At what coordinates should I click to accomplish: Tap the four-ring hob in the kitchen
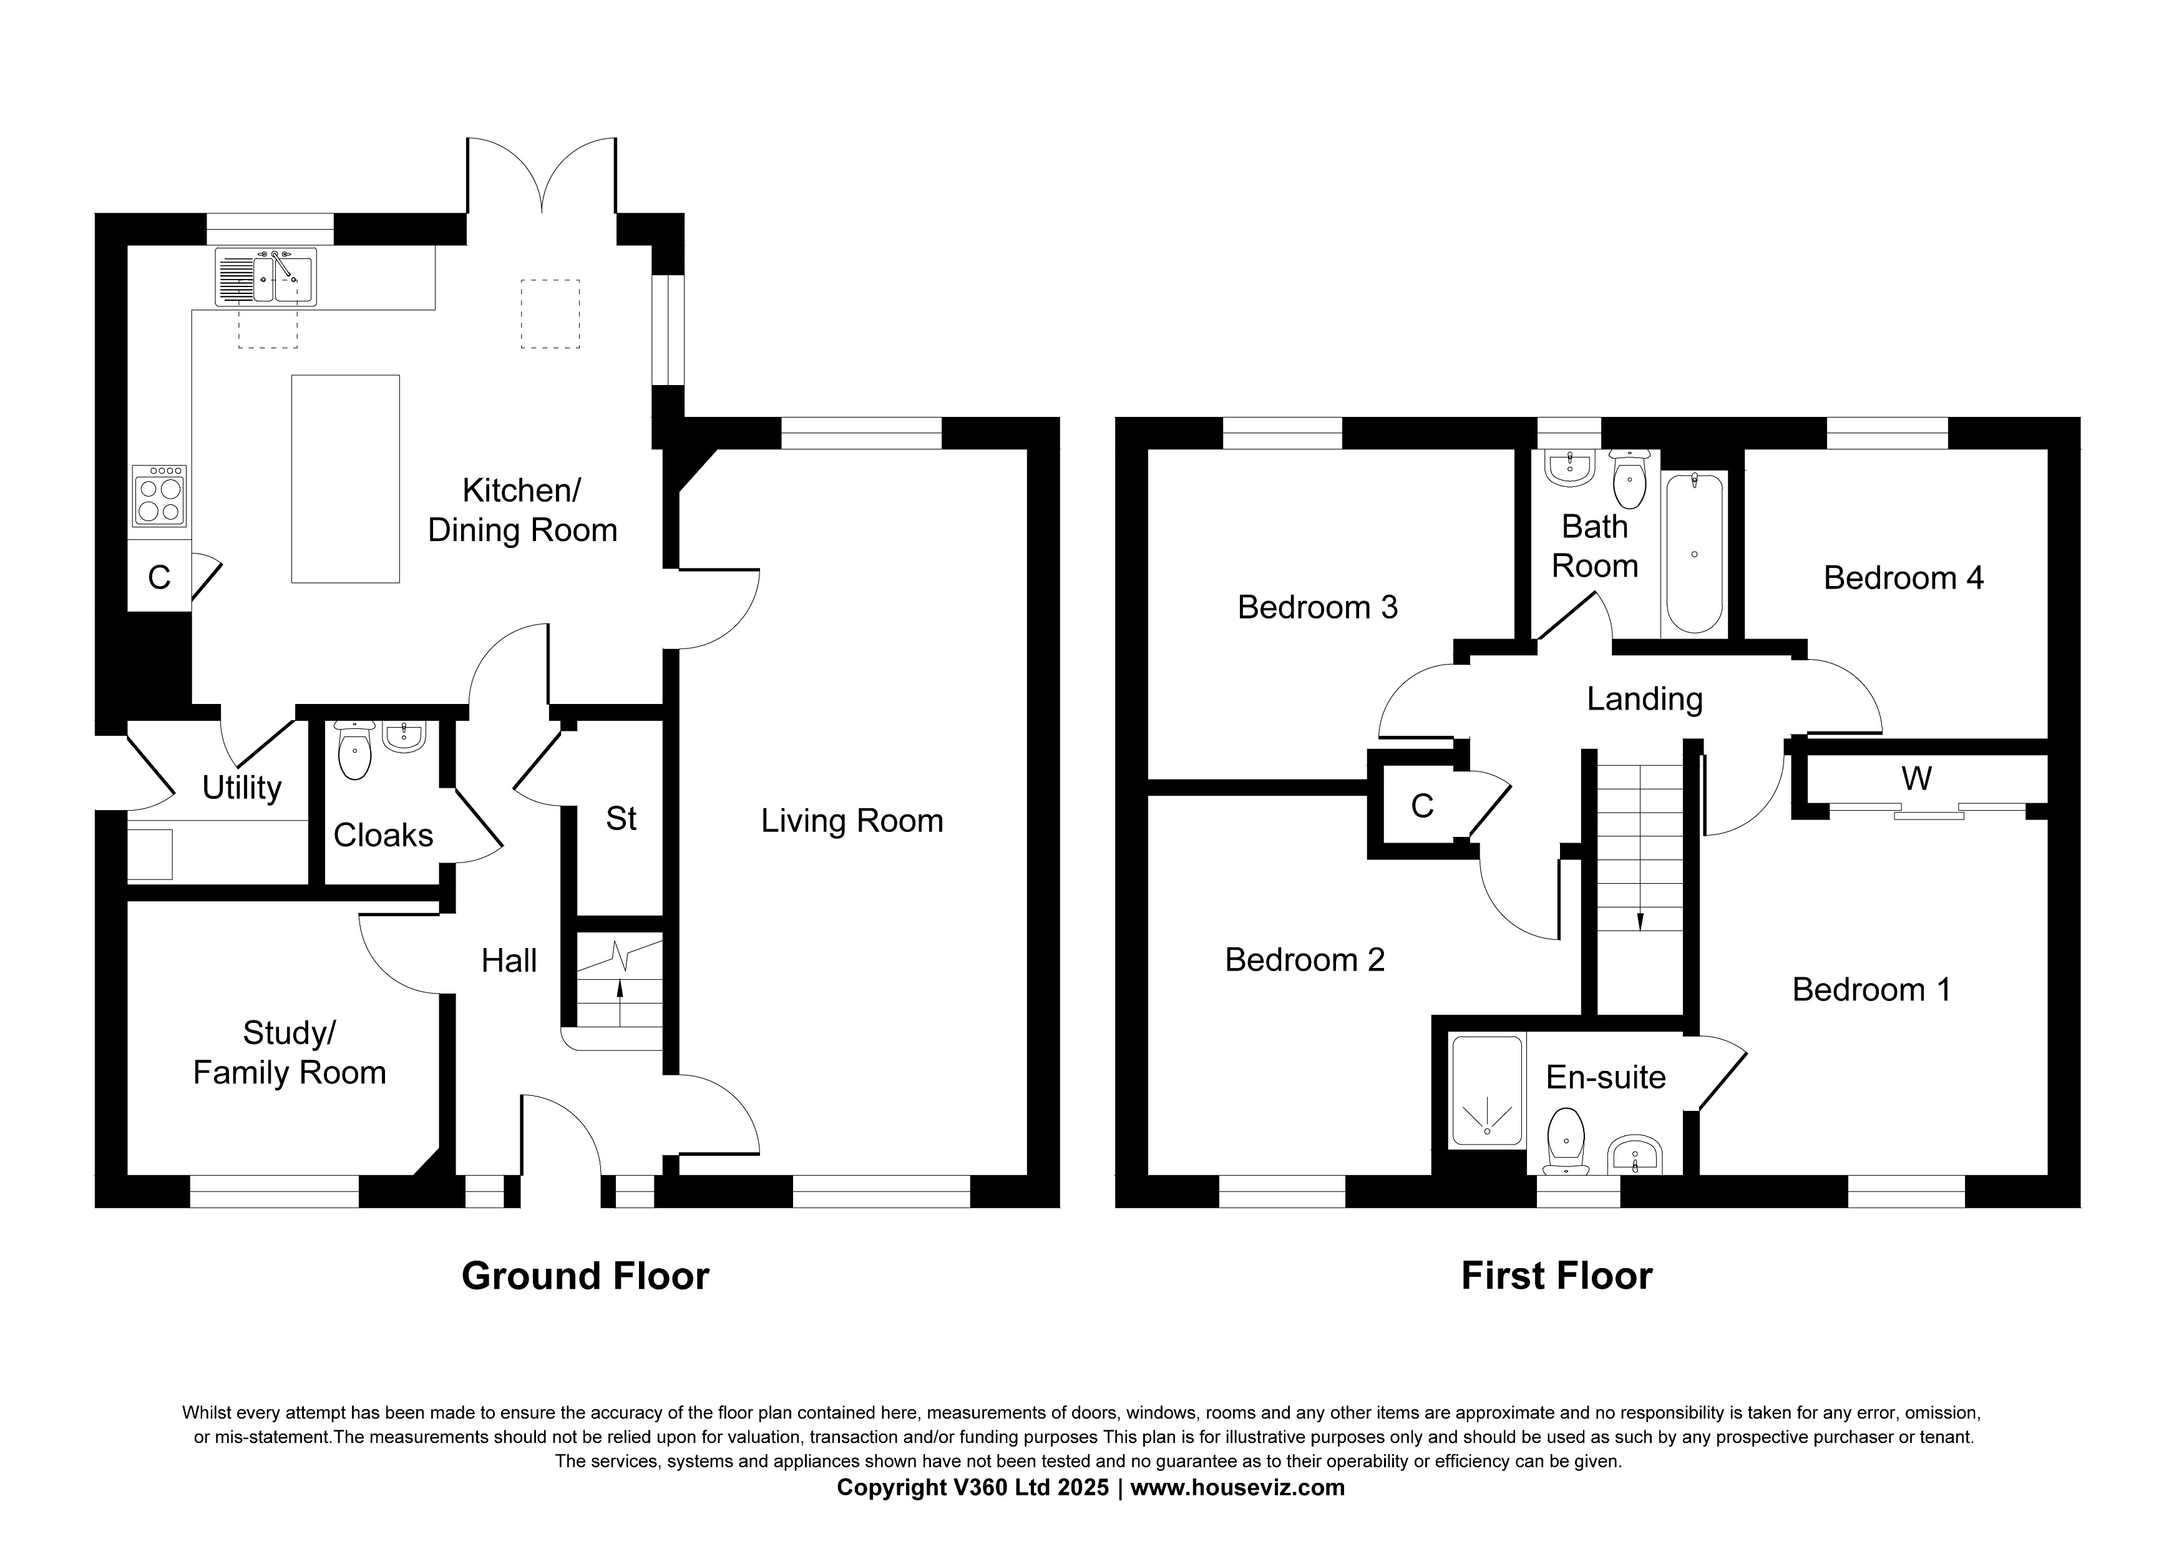click(159, 495)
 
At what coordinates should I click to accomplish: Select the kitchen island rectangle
click(345, 479)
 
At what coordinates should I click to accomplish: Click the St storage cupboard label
click(620, 819)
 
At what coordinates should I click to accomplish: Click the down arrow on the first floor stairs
click(1640, 920)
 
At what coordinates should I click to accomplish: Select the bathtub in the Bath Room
click(1694, 554)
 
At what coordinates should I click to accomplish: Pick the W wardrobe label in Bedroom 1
click(1916, 779)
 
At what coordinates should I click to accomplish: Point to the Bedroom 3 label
click(1317, 607)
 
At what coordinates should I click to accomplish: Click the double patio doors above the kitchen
click(542, 176)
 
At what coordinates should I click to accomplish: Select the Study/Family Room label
click(289, 1053)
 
